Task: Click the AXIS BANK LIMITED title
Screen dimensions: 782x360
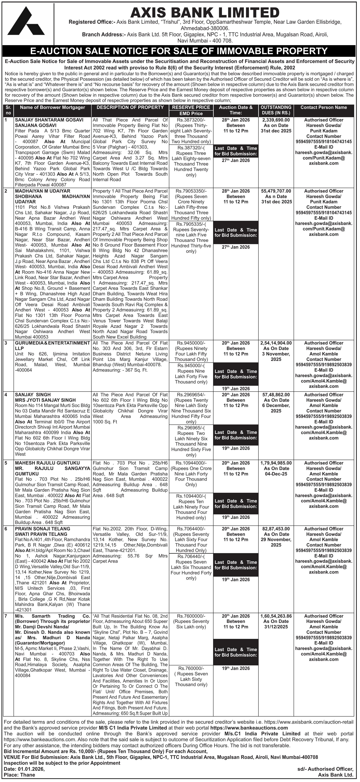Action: tap(205, 13)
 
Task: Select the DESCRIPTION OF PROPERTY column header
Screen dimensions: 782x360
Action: tap(130, 107)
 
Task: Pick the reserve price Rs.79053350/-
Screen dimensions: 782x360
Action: tap(191, 191)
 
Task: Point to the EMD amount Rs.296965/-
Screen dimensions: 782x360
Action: tap(191, 428)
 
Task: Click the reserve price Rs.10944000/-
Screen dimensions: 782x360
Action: tap(191, 463)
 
